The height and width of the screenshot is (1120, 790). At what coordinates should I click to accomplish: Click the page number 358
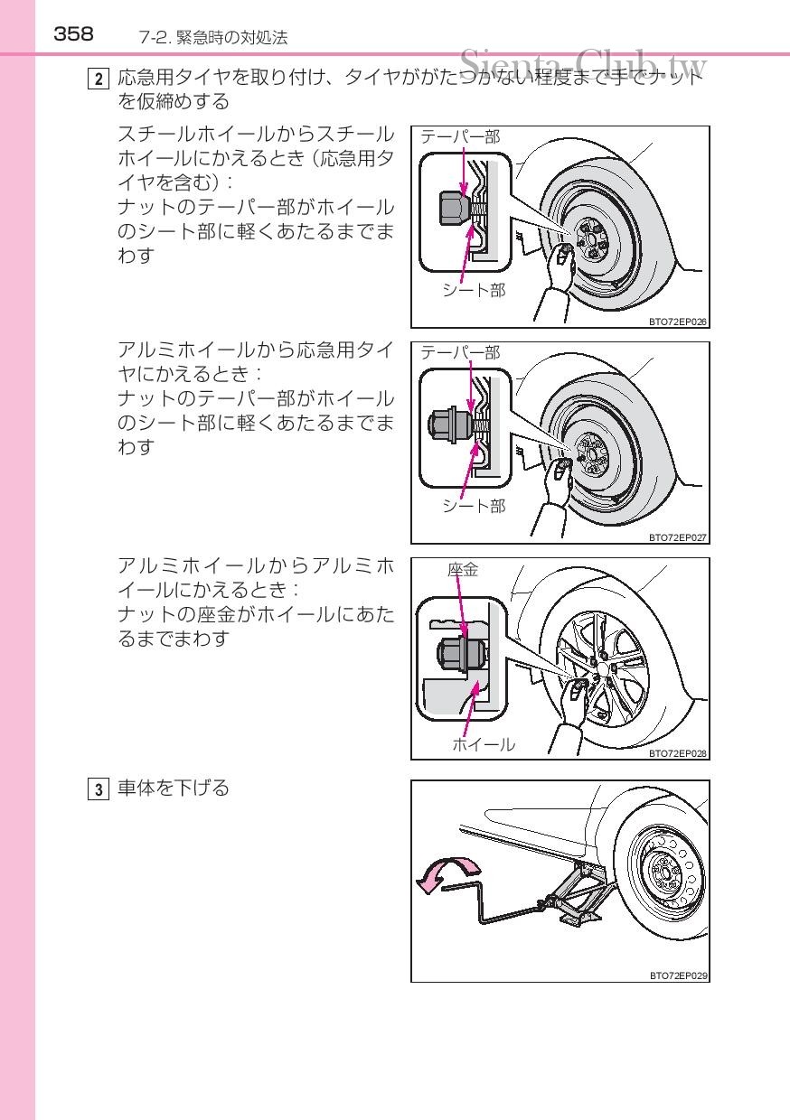pos(73,34)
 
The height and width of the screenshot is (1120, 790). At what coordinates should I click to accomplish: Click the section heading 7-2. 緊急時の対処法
pos(213,37)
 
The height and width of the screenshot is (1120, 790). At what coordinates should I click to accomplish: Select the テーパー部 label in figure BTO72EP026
pos(460,136)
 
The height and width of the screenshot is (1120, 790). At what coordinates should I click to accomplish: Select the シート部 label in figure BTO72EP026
pos(474,290)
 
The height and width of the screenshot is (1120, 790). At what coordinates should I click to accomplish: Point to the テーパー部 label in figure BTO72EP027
pos(460,352)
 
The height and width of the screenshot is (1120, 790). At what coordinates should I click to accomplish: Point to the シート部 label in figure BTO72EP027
pos(474,506)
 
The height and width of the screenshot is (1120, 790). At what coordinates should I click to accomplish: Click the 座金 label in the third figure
pos(463,569)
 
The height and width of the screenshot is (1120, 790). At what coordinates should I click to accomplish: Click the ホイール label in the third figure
pos(484,744)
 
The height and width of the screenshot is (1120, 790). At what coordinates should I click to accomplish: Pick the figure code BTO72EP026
pos(677,321)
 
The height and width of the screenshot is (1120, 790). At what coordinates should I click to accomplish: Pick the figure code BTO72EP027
pos(677,537)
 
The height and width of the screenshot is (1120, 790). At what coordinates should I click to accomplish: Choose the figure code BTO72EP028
pos(677,752)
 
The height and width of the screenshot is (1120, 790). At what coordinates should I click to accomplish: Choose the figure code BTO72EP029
pos(677,975)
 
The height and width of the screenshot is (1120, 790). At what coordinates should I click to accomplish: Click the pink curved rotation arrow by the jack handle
pos(445,873)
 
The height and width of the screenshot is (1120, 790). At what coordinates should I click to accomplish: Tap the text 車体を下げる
pos(174,789)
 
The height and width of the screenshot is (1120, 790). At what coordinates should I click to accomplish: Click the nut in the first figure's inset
pos(449,209)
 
